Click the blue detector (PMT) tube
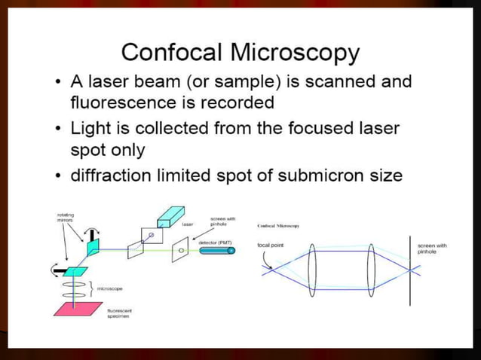point(218,251)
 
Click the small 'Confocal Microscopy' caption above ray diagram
point(279,225)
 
